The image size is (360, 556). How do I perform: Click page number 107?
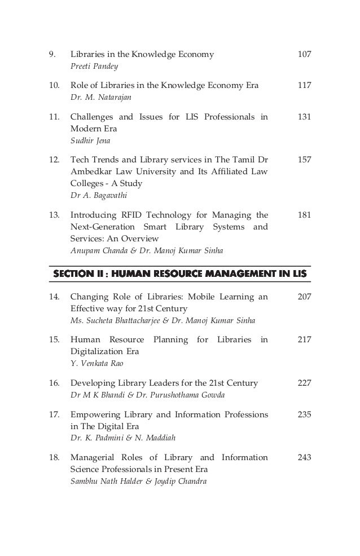304,55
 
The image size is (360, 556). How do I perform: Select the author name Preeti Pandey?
90,67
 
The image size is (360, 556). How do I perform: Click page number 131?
304,118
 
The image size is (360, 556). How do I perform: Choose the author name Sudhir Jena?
86,142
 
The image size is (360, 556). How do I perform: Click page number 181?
304,215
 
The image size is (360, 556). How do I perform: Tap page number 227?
304,383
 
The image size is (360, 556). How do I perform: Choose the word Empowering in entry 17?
95,415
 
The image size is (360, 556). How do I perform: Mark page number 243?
304,458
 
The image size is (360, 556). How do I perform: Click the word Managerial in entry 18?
94,458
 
